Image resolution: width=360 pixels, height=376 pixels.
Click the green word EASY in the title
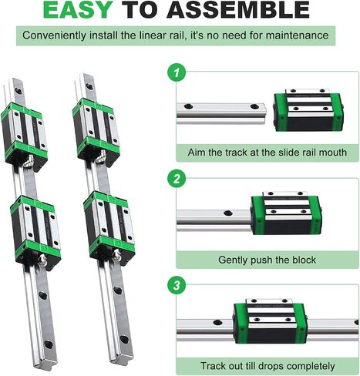point(78,10)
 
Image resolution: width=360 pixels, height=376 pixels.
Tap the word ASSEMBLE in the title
point(238,10)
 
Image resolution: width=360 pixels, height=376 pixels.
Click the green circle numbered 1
point(177,72)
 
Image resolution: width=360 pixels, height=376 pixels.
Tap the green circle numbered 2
point(177,179)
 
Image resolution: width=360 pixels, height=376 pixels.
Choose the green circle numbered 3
point(177,285)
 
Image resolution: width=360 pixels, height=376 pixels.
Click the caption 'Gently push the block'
point(267,260)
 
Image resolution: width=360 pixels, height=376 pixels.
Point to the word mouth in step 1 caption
point(333,153)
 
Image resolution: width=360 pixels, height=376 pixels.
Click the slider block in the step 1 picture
point(308,110)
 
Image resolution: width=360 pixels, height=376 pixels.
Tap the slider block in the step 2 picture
point(286,213)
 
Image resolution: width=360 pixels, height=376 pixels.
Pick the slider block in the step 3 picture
point(271,321)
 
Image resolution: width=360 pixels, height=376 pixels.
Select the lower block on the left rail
point(35,232)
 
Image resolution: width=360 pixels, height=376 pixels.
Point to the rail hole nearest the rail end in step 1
point(254,106)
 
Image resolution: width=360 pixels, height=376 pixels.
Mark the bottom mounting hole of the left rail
point(49,344)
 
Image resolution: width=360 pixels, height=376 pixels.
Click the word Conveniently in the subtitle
point(54,35)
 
